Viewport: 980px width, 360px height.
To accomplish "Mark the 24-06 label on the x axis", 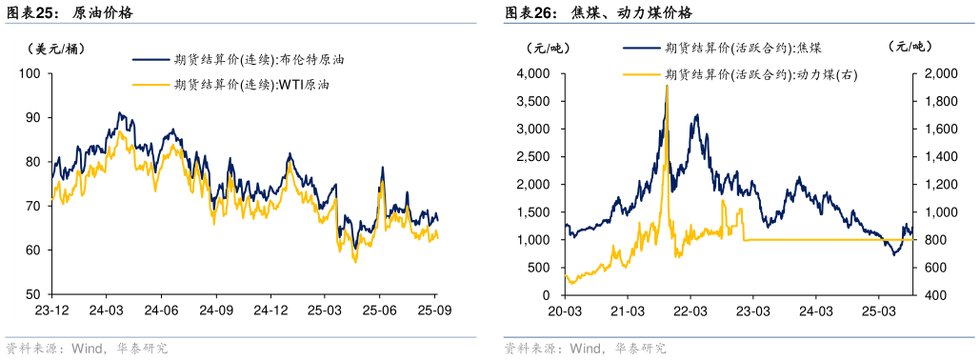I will (161, 310).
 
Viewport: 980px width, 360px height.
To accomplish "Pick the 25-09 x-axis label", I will (434, 310).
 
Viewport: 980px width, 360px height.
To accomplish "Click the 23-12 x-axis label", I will (50, 310).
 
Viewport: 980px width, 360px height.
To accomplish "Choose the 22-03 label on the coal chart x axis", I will (690, 310).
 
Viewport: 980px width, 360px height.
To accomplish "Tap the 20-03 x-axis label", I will (565, 310).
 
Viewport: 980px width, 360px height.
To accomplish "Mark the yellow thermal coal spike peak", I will (667, 86).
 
